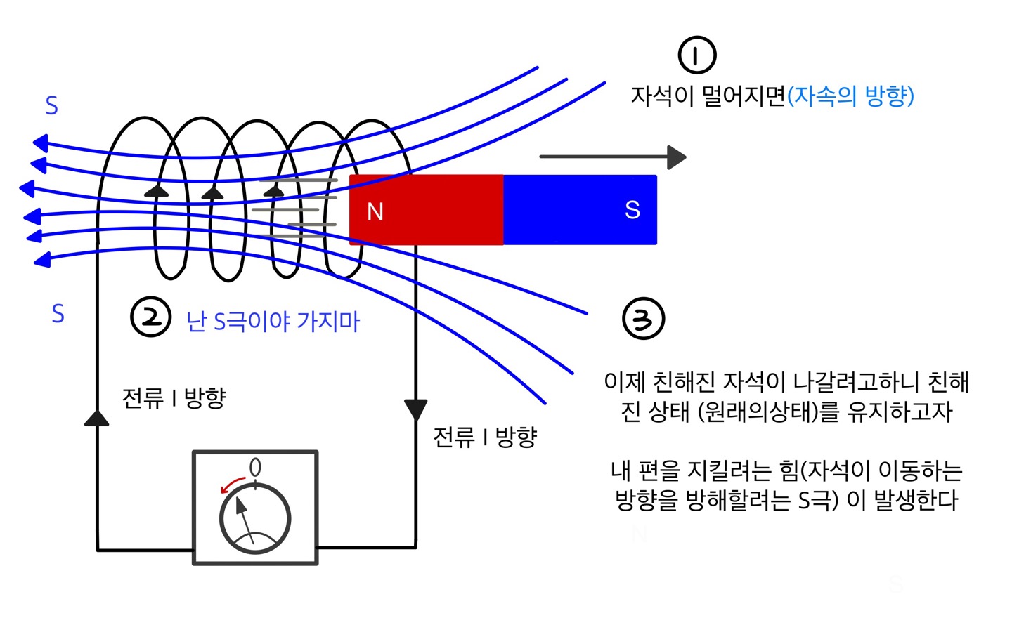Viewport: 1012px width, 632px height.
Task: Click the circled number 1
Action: (x=696, y=55)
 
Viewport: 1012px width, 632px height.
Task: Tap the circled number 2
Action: (x=150, y=317)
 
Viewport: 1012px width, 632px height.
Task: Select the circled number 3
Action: (x=643, y=319)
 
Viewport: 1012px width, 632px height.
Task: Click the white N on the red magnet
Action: (x=375, y=211)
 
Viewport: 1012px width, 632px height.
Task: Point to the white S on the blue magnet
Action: (x=632, y=209)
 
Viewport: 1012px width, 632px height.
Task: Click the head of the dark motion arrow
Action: (x=676, y=157)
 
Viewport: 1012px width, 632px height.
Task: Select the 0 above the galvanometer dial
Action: (x=255, y=467)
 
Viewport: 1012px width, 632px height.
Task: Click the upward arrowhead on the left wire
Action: (x=96, y=418)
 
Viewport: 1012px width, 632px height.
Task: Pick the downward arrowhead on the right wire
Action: (x=415, y=409)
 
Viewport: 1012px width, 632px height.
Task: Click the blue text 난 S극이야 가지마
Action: (x=273, y=322)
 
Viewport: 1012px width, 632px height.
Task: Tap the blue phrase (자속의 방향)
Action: (x=850, y=96)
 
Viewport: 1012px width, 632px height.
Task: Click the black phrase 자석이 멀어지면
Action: (x=708, y=96)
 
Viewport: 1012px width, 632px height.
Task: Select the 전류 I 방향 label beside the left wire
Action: (x=174, y=398)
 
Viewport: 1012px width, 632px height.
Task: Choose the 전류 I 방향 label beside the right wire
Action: (x=485, y=437)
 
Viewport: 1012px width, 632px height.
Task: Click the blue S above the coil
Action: (x=51, y=106)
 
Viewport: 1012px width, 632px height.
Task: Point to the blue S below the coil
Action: (x=58, y=313)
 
